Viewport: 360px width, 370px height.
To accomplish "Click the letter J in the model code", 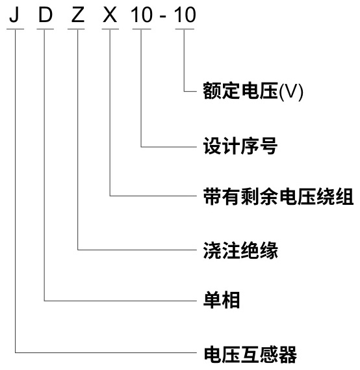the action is tap(14, 14).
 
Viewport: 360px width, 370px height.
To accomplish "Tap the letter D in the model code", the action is tap(45, 15).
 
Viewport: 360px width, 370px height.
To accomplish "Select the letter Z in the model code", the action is tap(78, 15).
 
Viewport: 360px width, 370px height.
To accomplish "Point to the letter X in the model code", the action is tap(110, 15).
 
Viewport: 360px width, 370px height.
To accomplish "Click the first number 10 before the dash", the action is tap(142, 15).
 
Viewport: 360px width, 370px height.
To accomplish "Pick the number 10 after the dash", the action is tap(185, 15).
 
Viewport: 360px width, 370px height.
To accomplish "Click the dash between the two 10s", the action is tap(162, 17).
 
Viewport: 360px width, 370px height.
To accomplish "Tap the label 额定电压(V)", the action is tap(253, 91).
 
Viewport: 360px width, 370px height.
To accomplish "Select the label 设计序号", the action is tap(240, 146).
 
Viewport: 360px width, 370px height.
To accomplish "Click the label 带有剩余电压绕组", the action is tap(278, 196).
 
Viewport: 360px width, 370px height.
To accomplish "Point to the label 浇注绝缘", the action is tap(240, 250).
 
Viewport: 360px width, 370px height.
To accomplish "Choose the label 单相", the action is tap(222, 300).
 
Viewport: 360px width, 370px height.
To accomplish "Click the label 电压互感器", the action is tap(250, 354).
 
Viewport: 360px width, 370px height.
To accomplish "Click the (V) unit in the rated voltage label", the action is tap(291, 92).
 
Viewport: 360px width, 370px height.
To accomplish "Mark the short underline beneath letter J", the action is tap(16, 29).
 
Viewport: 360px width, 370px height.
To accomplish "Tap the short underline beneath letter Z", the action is tap(76, 29).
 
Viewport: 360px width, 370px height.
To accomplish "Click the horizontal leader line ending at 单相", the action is tap(120, 301).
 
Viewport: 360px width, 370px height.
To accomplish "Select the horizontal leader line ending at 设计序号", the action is tap(169, 147).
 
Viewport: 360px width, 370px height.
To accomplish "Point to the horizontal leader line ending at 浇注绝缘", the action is tap(137, 250).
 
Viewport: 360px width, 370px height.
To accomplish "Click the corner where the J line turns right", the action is tap(16, 353).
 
